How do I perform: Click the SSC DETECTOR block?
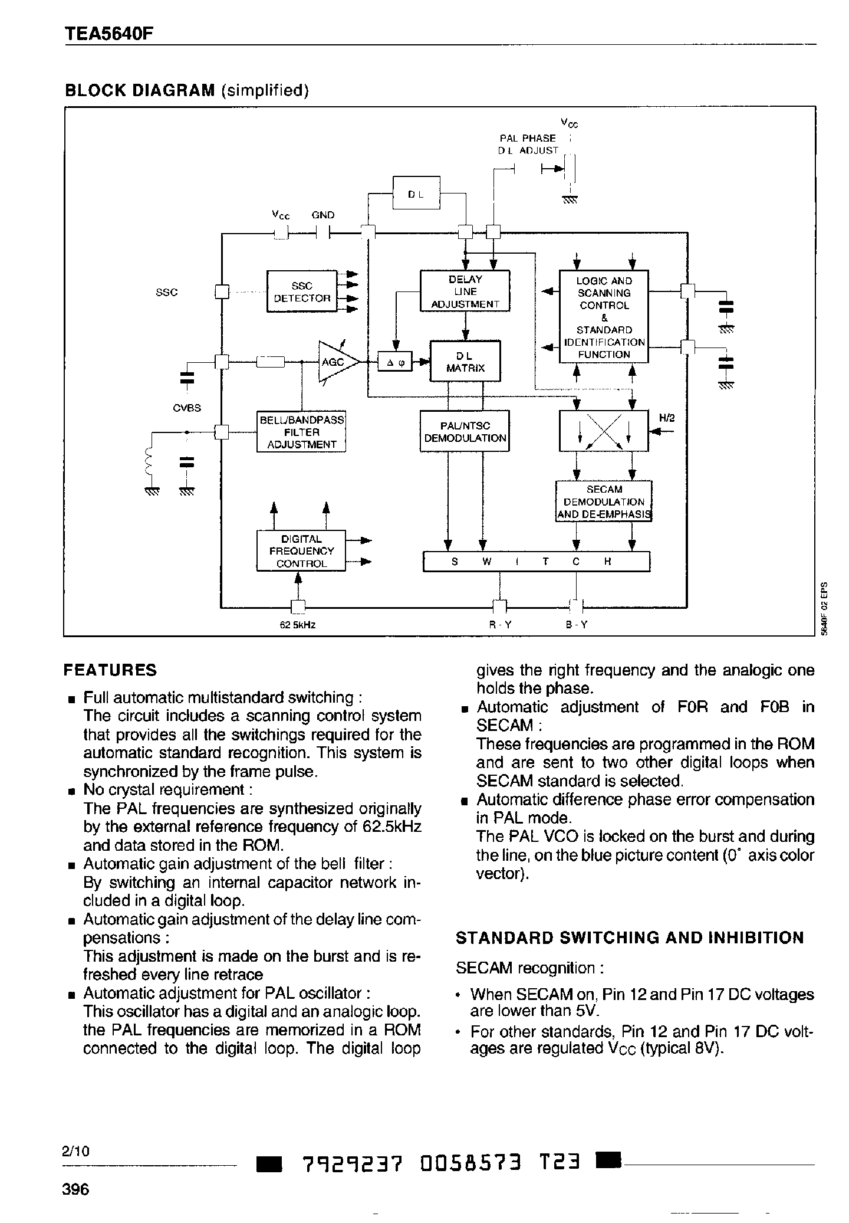301,291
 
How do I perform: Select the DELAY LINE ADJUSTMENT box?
465,291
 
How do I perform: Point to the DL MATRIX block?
465,361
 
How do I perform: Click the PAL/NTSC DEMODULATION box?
465,432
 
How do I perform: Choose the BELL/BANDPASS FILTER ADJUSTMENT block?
301,432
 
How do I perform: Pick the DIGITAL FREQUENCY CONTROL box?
301,551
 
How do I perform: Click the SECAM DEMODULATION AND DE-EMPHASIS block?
604,502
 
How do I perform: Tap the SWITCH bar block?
537,562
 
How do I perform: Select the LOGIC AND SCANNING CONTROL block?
604,317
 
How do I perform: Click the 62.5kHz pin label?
298,625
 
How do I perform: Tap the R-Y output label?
500,625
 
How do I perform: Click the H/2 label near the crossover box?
666,418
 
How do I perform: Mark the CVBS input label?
187,408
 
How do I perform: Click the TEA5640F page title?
108,34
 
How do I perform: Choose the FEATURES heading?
110,670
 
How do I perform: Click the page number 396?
75,1189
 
